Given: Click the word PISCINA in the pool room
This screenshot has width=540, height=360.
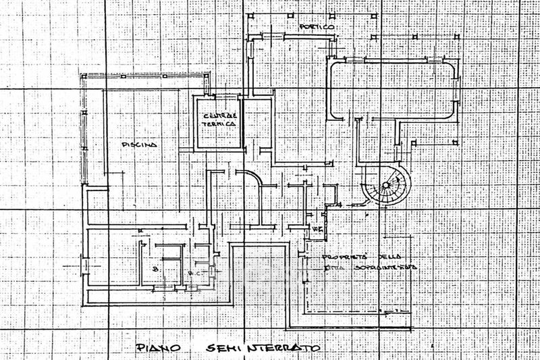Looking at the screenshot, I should pyautogui.click(x=140, y=145).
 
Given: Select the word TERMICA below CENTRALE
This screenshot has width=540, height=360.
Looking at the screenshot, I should pyautogui.click(x=220, y=125).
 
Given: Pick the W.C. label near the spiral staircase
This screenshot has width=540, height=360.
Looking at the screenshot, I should pyautogui.click(x=317, y=230).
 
